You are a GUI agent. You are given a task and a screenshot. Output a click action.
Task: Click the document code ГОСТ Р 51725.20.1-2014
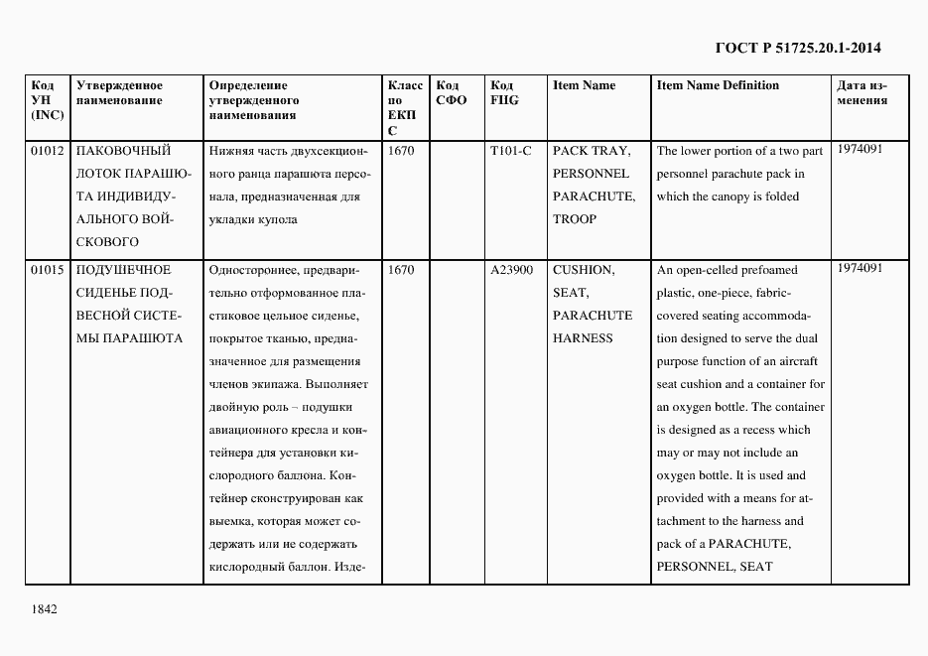pos(798,47)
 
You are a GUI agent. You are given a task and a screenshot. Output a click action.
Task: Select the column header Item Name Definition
pos(718,85)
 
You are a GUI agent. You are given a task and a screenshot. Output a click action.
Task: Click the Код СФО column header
pos(452,93)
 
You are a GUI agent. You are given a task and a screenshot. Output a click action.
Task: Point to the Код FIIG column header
pos(504,93)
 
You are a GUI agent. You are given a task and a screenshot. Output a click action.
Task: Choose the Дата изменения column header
pos(862,93)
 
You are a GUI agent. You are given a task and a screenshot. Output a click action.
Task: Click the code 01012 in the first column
pos(47,151)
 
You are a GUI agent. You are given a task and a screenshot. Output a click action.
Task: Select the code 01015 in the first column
pos(47,270)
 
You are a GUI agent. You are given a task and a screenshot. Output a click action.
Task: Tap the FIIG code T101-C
pos(511,151)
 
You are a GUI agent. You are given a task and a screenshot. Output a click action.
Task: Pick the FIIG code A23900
pos(512,270)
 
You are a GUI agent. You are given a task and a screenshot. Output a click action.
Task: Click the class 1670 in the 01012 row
pos(402,151)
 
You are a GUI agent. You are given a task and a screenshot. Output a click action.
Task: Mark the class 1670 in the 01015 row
pos(402,270)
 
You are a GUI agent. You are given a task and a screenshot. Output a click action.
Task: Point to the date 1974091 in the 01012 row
pos(860,149)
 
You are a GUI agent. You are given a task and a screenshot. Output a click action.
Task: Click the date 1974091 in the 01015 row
pos(860,268)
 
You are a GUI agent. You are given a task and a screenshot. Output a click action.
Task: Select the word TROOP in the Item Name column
pos(575,219)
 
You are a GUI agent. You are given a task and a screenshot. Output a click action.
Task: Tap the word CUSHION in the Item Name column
pos(584,270)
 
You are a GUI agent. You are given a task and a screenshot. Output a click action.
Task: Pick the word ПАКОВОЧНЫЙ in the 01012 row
pos(123,151)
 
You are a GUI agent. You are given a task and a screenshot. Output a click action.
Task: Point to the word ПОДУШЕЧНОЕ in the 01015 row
pos(123,270)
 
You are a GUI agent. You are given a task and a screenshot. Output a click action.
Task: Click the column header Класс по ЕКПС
pos(405,108)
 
